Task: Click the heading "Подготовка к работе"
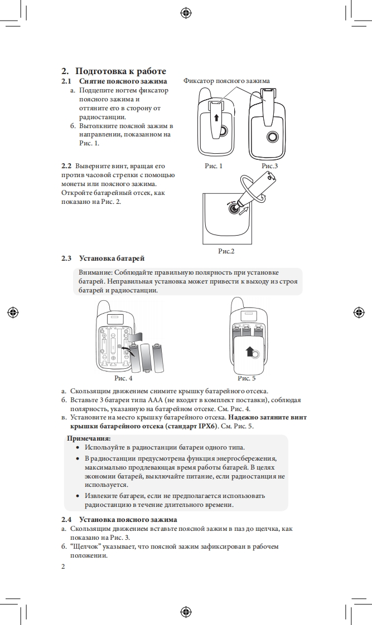click(120, 71)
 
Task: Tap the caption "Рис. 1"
click(213, 165)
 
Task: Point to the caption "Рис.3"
click(270, 165)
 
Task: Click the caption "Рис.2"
click(226, 251)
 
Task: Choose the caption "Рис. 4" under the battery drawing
click(123, 378)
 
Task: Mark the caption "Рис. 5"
click(247, 378)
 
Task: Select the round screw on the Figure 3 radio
click(272, 136)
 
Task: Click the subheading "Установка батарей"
click(112, 258)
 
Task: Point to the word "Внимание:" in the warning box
click(95, 272)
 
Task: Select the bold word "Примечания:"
click(89, 438)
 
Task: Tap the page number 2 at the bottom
click(64, 567)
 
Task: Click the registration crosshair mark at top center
click(186, 12)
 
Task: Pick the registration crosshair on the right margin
click(360, 312)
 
